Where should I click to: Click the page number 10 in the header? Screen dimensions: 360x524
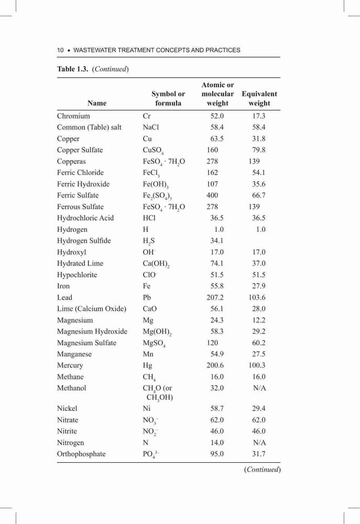(x=60, y=50)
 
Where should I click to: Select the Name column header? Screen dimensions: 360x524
(x=97, y=103)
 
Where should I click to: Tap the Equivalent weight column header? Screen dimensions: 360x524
(x=259, y=99)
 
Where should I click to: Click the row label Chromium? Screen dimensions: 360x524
(x=73, y=116)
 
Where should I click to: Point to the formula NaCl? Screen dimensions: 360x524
(x=151, y=127)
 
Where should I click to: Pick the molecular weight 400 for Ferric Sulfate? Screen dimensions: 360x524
(x=212, y=195)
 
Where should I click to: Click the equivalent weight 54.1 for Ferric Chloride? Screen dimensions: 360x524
(x=259, y=172)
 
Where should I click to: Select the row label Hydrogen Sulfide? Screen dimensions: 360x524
(x=84, y=241)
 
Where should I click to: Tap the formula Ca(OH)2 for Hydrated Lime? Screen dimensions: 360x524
(x=156, y=264)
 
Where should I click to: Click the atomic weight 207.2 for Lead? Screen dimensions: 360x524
(x=215, y=298)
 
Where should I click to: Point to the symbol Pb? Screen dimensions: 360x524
(x=147, y=298)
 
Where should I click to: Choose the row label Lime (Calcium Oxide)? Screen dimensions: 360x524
(x=92, y=309)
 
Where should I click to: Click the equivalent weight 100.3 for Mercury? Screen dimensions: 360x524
(x=257, y=365)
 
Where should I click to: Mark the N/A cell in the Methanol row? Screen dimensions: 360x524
(x=259, y=388)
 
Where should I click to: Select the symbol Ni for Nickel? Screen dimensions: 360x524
(x=147, y=408)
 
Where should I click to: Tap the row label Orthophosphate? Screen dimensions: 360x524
(x=81, y=454)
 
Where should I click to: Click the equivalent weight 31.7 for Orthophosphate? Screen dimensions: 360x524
(x=259, y=454)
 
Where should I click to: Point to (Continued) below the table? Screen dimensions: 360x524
(x=263, y=469)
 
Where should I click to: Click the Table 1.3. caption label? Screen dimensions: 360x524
(x=72, y=69)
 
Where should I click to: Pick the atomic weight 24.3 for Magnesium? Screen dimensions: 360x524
(x=217, y=320)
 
